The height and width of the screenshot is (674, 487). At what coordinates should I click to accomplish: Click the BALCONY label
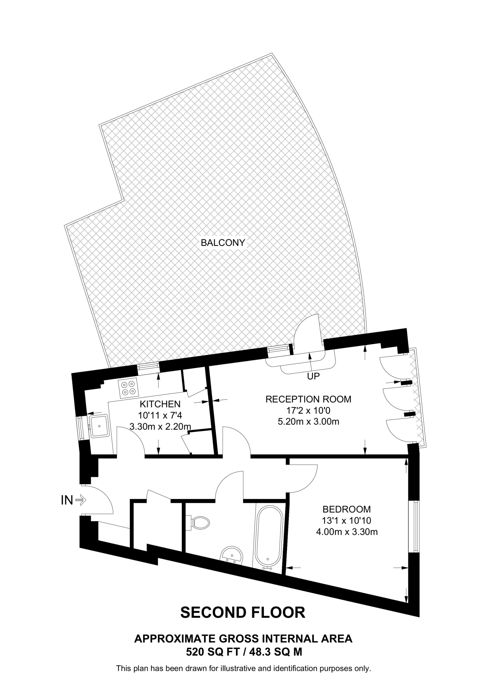coord(223,243)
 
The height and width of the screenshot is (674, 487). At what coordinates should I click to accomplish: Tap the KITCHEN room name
coord(160,404)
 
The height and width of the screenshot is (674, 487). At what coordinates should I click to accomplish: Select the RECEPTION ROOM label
coord(308,399)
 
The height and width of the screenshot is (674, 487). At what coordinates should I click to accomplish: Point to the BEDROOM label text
coord(346,509)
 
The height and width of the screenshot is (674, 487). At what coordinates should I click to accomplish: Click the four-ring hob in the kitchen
coord(128,388)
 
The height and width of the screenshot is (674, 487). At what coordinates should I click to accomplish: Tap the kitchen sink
coord(99,426)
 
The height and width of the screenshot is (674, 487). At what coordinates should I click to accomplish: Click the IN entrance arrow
coord(80,501)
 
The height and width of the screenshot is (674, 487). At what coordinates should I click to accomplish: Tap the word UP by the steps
coord(313,376)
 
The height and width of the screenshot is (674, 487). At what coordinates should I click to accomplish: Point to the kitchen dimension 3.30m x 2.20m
coord(160,427)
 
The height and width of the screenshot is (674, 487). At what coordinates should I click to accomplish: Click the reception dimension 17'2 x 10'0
coord(308,410)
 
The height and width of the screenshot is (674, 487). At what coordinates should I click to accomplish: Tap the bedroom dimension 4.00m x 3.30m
coord(346,531)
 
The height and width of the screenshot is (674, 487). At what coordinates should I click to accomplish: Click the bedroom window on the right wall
coord(417,526)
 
